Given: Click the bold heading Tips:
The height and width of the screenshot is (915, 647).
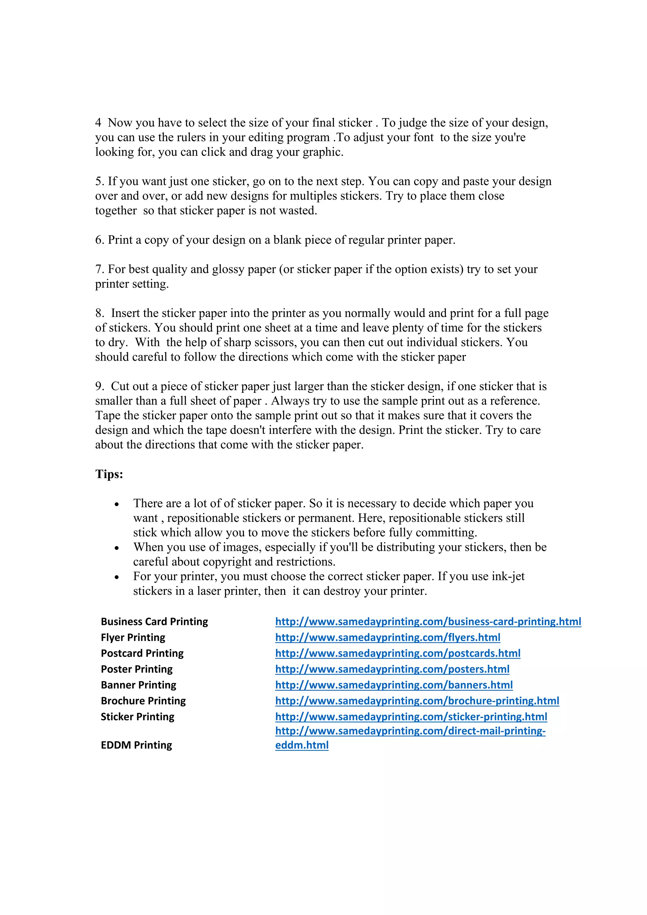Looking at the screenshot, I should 109,474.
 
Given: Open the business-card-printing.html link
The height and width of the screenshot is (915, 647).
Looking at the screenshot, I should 428,622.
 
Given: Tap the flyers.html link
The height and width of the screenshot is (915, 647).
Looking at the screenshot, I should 388,638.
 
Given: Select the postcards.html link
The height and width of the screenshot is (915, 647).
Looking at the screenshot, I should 397,653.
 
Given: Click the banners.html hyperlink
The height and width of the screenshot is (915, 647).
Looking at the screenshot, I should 393,685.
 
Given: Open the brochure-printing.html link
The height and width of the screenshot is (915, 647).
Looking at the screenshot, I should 417,701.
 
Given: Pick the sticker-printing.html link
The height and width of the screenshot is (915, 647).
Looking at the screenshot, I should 411,717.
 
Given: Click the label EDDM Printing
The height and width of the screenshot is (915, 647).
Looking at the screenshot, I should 136,745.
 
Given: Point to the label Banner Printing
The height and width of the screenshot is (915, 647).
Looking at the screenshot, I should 138,685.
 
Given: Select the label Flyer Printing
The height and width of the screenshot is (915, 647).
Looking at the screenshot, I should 133,638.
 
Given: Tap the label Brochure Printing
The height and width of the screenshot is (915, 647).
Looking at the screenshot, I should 143,701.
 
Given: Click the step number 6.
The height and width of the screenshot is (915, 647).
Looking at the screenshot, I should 99,240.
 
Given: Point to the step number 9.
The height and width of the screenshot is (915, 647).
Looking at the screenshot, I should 99,386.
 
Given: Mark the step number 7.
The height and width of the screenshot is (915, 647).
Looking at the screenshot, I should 99,269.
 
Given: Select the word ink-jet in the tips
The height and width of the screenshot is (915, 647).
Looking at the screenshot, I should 508,576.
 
